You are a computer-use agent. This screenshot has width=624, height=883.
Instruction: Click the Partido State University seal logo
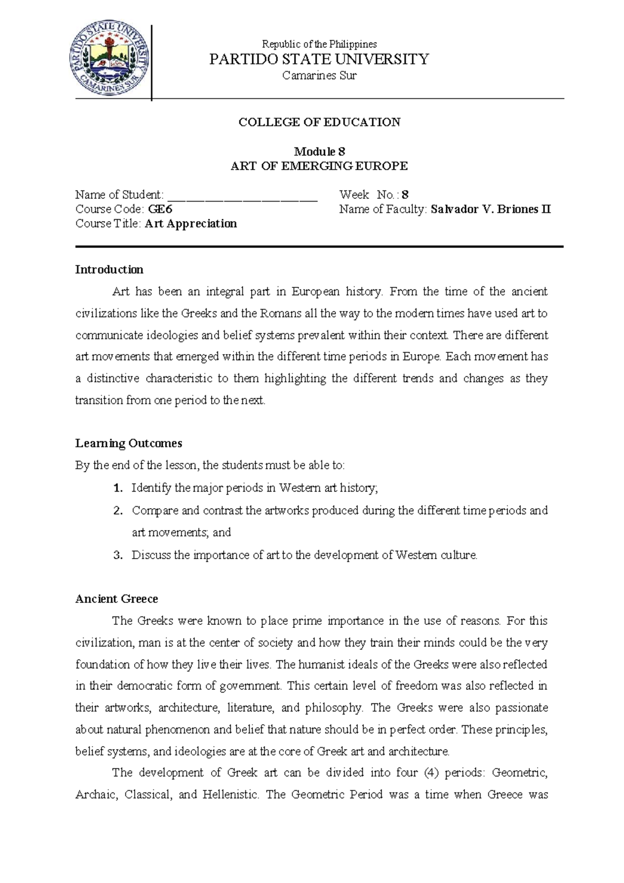coord(110,58)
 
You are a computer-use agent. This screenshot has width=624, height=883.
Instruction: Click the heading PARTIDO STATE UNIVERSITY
coord(319,59)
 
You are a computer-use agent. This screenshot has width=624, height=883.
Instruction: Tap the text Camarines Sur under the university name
coord(319,75)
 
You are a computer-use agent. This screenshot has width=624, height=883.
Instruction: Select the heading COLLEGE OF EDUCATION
coord(319,122)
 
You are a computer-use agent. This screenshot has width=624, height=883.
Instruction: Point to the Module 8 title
coord(319,152)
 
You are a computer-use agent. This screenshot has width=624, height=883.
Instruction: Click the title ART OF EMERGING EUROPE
coord(319,166)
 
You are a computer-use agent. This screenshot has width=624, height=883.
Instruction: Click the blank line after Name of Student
coord(243,196)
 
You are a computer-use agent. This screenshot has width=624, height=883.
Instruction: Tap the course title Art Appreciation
coord(191,224)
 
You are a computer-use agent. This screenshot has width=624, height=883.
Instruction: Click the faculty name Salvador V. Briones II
coord(490,209)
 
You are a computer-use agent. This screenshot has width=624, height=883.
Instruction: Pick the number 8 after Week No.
coord(405,195)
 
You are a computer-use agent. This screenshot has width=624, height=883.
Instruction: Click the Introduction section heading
coord(109,270)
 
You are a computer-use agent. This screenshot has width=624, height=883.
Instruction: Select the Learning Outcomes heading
coord(128,444)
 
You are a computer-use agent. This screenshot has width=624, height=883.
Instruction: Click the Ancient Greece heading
coord(116,599)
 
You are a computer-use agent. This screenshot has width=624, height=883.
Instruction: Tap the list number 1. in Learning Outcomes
coord(118,488)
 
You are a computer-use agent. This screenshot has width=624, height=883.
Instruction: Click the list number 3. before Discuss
coord(118,555)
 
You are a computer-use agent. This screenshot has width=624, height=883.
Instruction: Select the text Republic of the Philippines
coord(319,44)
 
